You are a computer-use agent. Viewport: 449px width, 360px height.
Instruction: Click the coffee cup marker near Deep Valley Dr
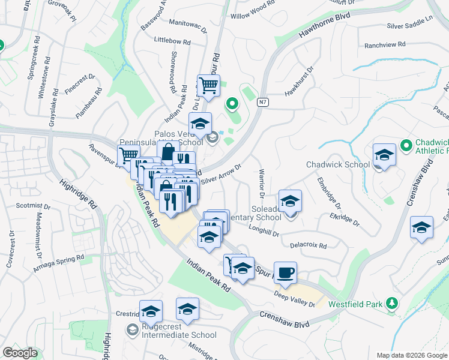pos(285,272)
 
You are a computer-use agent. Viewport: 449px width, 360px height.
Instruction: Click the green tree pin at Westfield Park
pos(392,302)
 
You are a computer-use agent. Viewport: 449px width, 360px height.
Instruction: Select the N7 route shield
pos(262,103)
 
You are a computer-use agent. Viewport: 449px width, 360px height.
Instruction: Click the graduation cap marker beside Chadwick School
pos(384,155)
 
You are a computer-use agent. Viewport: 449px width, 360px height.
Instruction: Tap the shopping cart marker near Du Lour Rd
pos(208,86)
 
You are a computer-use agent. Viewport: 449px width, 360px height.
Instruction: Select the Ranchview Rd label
pos(385,45)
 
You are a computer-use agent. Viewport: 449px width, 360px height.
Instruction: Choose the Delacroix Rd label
pos(308,245)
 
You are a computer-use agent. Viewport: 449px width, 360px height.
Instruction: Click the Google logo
pos(20,353)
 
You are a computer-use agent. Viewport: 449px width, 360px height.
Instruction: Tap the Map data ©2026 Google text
pos(411,355)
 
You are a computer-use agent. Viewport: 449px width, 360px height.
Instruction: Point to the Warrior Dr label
pos(261,184)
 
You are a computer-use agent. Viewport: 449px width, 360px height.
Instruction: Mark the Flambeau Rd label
pos(88,103)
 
